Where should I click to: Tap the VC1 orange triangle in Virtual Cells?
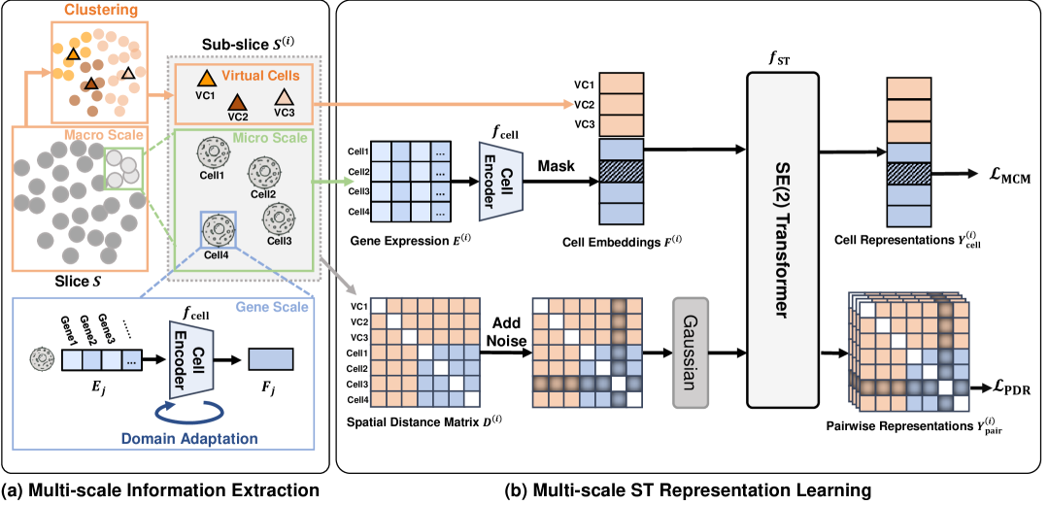[206, 79]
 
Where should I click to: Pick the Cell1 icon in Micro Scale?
[211, 152]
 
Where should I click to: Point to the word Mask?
[558, 165]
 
